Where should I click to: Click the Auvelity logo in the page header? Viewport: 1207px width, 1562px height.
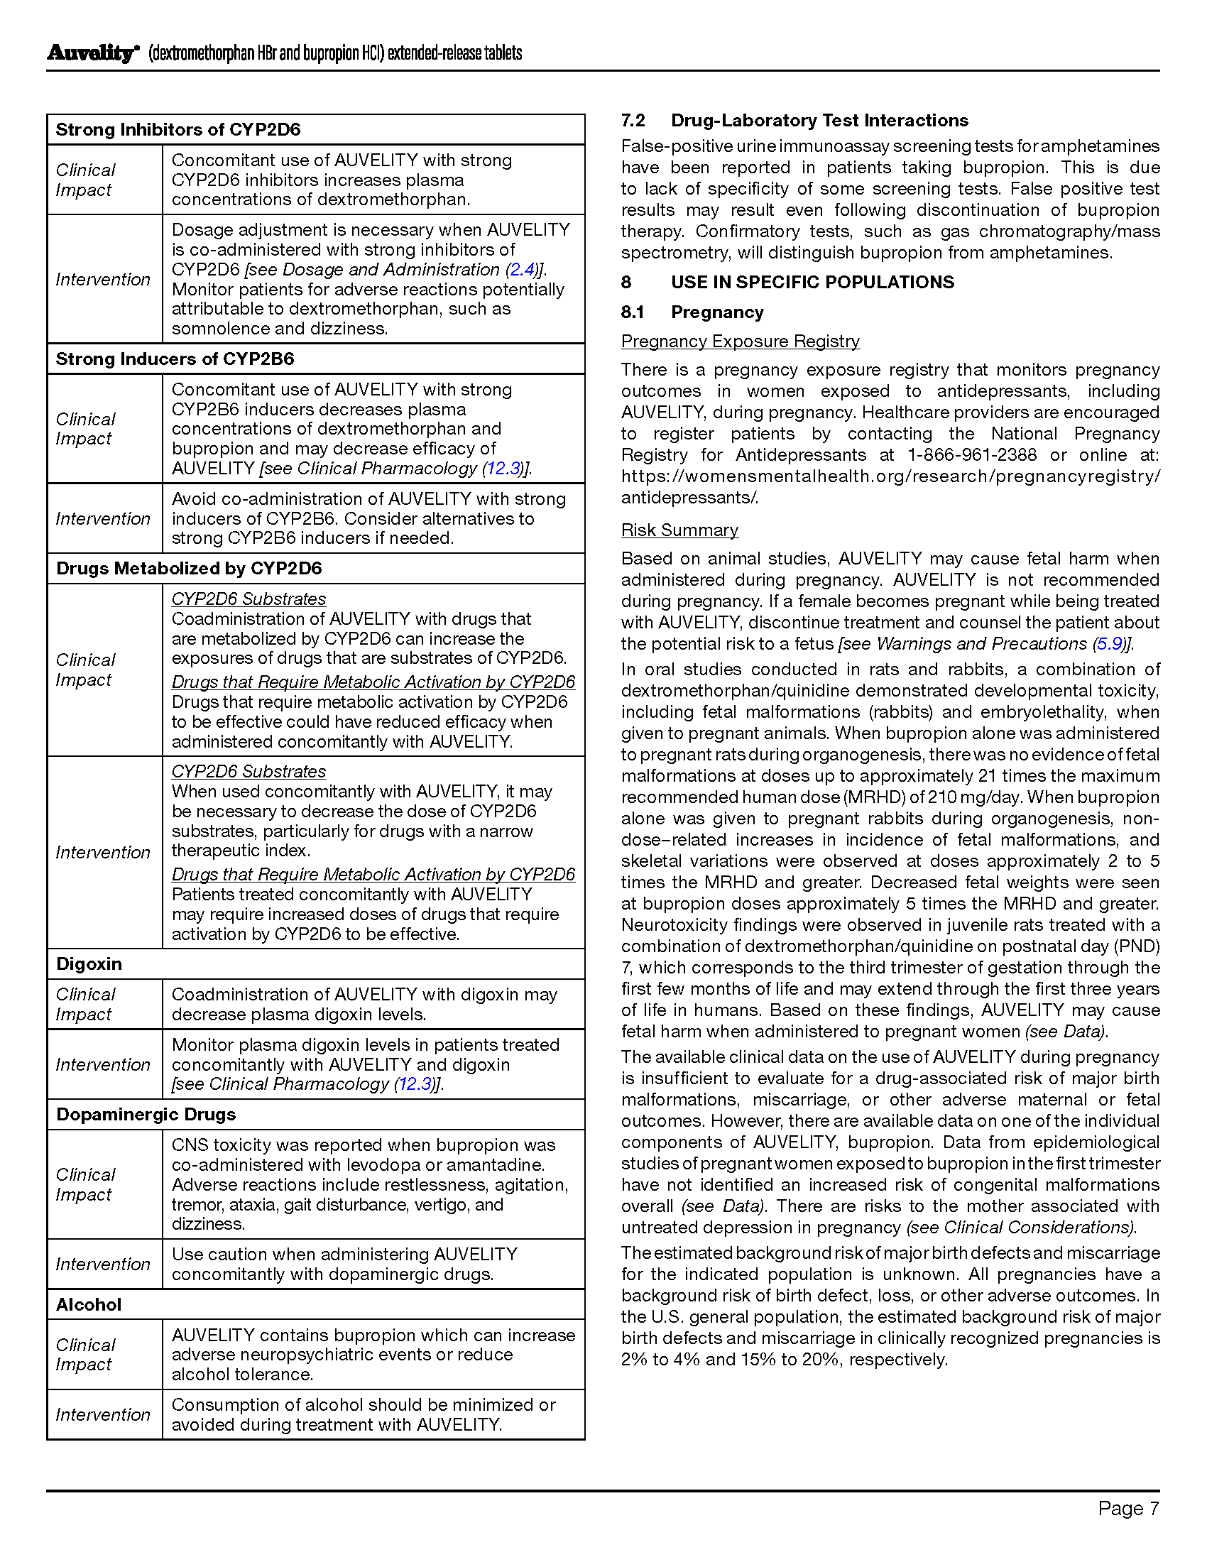(x=92, y=54)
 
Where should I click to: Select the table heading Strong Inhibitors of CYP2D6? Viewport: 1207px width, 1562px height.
(x=178, y=129)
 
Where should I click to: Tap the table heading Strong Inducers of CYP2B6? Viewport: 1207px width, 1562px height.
(x=175, y=359)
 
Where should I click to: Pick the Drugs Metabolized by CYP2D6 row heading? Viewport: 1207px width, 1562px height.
(x=189, y=569)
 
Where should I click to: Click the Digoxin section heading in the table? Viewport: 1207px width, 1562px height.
(x=89, y=964)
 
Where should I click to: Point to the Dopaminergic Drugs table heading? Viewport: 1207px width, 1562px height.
(x=146, y=1114)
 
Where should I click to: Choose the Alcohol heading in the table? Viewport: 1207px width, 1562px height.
(x=89, y=1304)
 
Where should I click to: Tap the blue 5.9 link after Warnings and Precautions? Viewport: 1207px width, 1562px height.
(x=1110, y=644)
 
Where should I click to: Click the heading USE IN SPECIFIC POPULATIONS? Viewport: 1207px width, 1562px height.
(x=812, y=282)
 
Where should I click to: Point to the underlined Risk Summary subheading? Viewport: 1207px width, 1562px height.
(x=679, y=530)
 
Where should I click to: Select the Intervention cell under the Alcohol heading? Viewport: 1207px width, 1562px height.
(x=103, y=1414)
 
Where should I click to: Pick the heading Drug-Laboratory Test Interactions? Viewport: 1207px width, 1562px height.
(x=819, y=120)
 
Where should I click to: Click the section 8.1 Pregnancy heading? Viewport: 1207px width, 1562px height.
(x=717, y=312)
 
